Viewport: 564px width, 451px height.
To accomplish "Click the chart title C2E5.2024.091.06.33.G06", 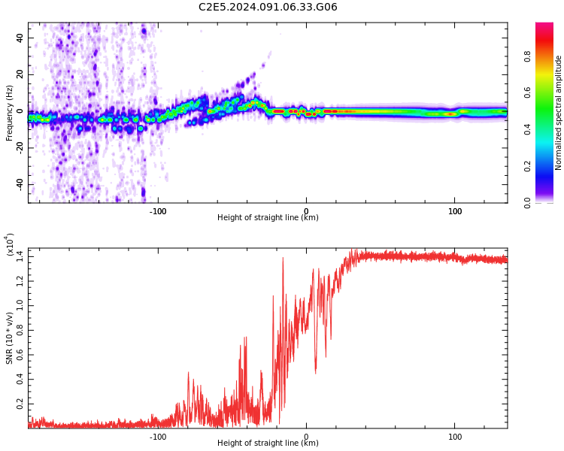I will click(x=268, y=8).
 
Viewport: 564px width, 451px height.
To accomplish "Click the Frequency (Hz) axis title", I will click(x=10, y=113).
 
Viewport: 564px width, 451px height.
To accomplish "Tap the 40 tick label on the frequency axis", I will click(x=20, y=38).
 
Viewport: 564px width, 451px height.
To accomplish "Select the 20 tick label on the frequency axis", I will click(x=20, y=74).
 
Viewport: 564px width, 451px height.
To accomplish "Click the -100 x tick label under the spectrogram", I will click(x=157, y=211).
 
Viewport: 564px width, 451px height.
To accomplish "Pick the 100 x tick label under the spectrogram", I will click(x=455, y=211).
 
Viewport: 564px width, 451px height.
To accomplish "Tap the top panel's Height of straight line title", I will click(x=268, y=218).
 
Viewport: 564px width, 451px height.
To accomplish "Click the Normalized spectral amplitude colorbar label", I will click(x=559, y=113).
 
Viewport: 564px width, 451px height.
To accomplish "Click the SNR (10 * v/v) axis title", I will click(x=10, y=338).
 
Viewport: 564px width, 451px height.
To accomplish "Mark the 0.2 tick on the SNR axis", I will click(x=19, y=404).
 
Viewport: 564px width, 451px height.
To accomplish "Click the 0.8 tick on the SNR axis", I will click(x=19, y=331).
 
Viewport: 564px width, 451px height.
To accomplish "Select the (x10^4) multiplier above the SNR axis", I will click(x=10, y=244).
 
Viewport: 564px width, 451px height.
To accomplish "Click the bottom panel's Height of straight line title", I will click(x=268, y=443).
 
